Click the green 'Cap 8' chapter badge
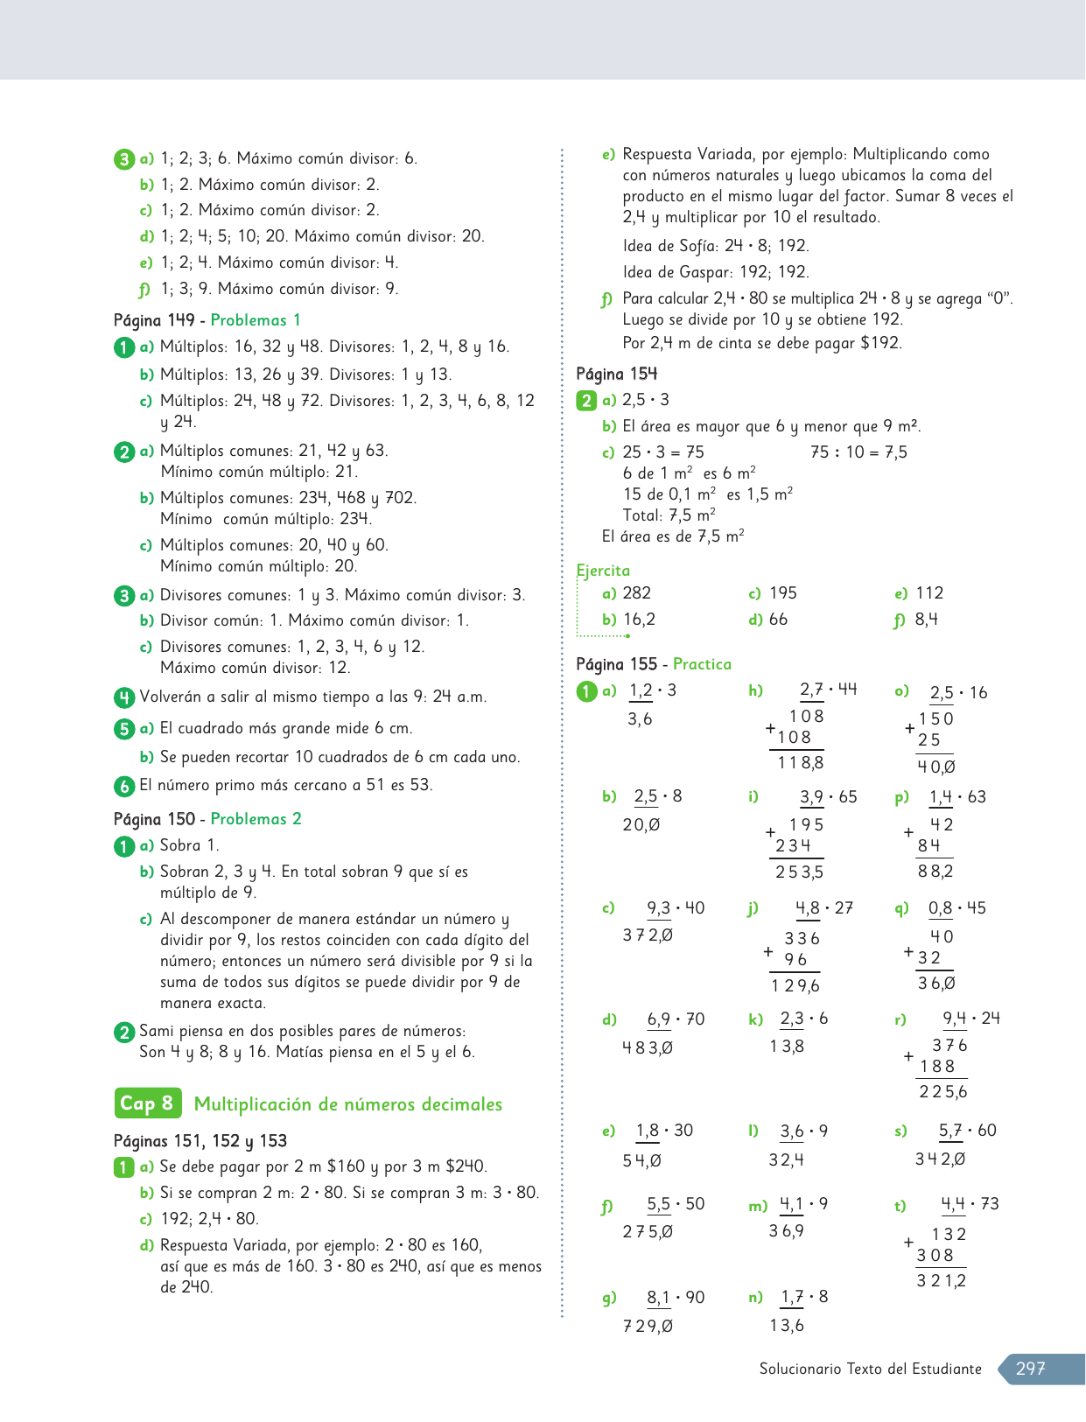(147, 1103)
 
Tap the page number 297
(1031, 1369)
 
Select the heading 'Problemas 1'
(256, 320)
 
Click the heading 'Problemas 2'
(256, 819)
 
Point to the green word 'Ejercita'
(603, 571)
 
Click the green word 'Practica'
(702, 664)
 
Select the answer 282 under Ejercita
(637, 593)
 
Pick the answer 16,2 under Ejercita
(640, 620)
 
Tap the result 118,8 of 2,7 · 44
(800, 763)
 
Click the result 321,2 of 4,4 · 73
(942, 1281)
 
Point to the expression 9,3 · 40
(676, 908)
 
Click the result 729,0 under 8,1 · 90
(648, 1327)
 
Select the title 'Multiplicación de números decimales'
(348, 1104)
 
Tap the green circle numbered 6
(123, 786)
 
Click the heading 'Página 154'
(617, 375)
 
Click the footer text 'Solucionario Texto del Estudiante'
(870, 1369)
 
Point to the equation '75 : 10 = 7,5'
(858, 452)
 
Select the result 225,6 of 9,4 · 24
(943, 1092)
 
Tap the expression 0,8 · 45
(956, 908)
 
